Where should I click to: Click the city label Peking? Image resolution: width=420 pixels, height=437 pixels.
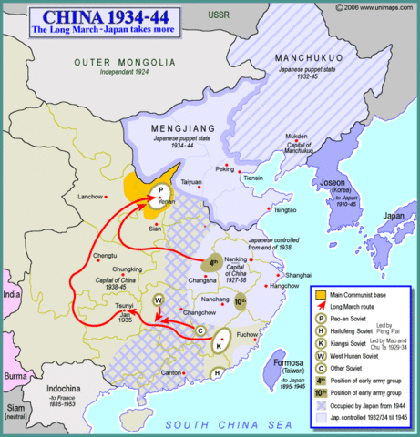(223, 168)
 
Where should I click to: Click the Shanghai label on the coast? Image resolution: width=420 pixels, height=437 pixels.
(299, 274)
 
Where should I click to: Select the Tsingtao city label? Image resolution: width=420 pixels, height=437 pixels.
(284, 208)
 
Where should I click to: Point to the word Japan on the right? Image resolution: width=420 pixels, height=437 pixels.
(394, 217)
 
